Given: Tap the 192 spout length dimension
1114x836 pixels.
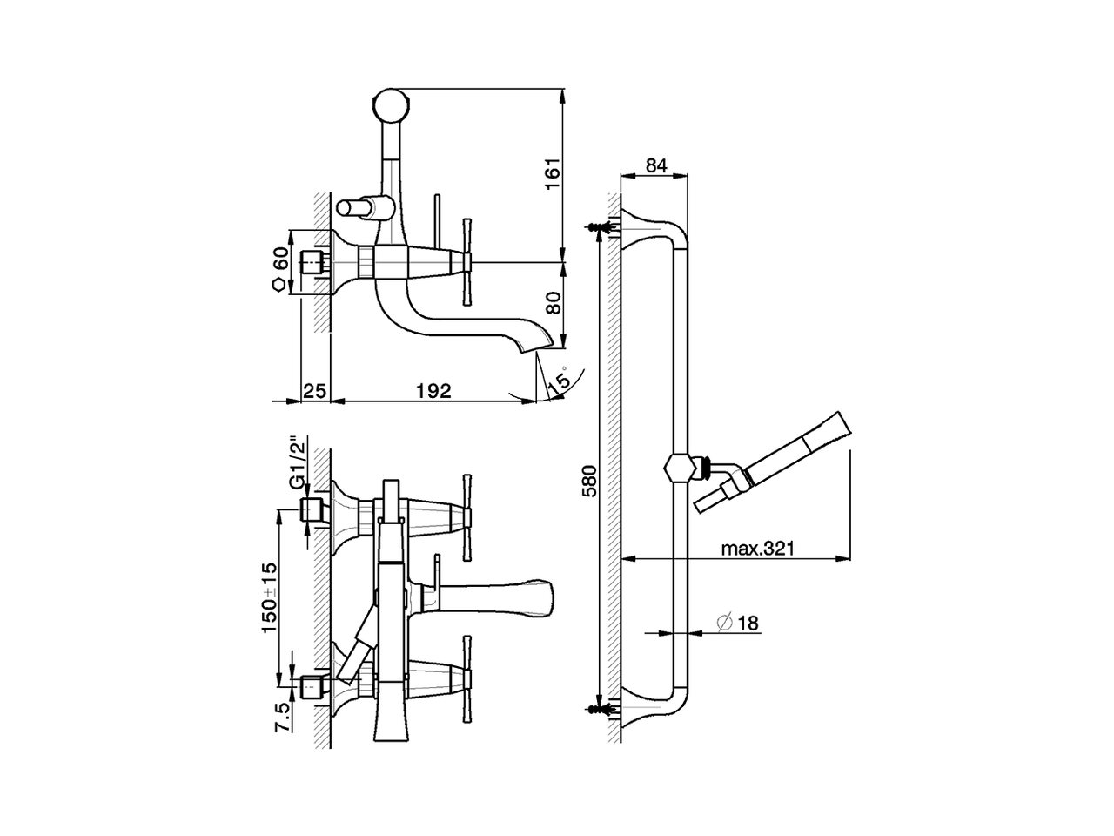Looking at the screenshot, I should click(x=433, y=391).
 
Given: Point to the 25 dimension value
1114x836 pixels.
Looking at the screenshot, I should click(x=314, y=391).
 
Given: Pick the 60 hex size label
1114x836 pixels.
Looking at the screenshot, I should click(x=279, y=259).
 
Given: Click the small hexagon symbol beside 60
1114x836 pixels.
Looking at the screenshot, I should click(x=278, y=285).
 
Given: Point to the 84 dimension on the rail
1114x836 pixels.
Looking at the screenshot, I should click(x=656, y=165).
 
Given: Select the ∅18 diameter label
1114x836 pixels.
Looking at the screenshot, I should click(x=737, y=623).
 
